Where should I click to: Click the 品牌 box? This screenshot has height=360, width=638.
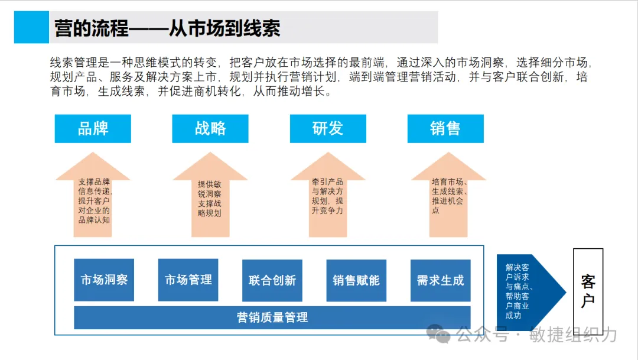93,129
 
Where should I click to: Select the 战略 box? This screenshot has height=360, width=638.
210,129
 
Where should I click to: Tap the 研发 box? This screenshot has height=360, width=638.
328,129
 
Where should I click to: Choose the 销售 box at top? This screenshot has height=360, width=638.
445,129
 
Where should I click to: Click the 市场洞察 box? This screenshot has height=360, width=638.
104,280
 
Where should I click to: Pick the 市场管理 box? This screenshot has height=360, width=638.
188,280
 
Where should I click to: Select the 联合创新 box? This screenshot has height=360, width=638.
272,280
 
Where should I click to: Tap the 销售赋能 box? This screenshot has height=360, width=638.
356,280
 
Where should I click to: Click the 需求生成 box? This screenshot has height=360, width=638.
441,280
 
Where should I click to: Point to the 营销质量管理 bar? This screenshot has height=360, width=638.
272,317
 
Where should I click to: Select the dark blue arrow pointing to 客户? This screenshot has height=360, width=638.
529,290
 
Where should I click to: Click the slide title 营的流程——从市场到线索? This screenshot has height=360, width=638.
167,28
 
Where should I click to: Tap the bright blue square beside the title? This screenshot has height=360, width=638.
31,27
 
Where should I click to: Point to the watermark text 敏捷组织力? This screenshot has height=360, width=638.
573,335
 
